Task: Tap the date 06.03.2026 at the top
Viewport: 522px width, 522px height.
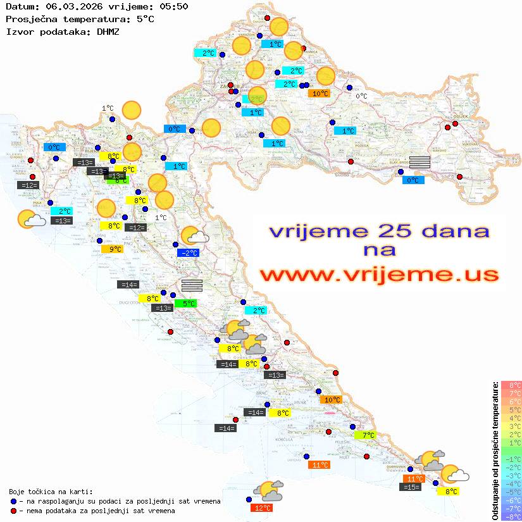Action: click(x=72, y=7)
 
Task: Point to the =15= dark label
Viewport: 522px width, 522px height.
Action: click(x=411, y=487)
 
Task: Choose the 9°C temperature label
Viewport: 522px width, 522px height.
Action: click(x=112, y=249)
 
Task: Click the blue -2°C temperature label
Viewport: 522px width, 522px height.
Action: click(x=189, y=253)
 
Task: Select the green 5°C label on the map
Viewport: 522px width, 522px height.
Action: click(x=186, y=304)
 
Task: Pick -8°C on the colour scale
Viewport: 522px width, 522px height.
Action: click(x=511, y=516)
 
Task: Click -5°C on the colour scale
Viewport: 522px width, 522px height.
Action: click(x=511, y=492)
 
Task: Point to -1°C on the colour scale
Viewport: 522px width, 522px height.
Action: click(x=511, y=459)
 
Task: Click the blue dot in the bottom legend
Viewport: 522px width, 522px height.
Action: click(x=14, y=501)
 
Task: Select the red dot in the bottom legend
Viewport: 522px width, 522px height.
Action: click(x=14, y=511)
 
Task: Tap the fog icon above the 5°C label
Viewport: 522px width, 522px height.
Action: click(x=192, y=285)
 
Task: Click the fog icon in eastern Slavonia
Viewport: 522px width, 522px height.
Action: click(x=419, y=161)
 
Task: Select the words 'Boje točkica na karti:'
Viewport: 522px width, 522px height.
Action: click(x=51, y=492)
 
